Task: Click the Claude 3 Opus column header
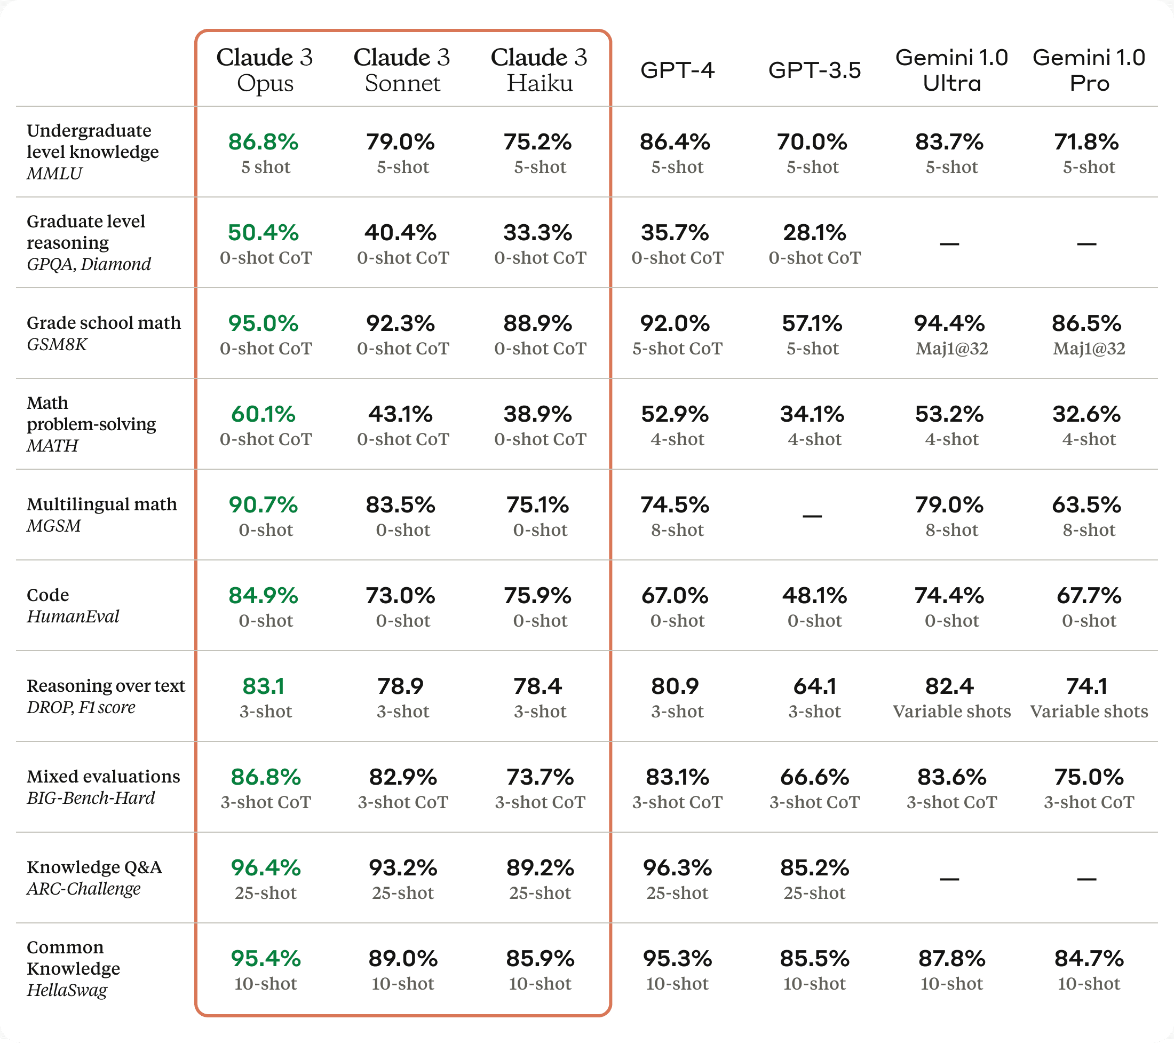coord(265,70)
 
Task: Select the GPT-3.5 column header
coord(814,70)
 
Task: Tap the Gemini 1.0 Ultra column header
coord(951,70)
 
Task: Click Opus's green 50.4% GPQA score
coord(263,233)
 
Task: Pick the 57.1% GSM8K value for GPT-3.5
coord(812,323)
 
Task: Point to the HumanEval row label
coord(73,617)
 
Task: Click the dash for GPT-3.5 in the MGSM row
coord(812,516)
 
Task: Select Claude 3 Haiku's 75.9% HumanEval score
coord(537,596)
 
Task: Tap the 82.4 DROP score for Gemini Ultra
coord(949,686)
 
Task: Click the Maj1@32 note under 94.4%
coord(951,349)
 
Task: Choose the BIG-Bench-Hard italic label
coord(91,798)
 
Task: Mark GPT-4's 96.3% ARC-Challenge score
coord(677,868)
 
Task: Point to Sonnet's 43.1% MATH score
coord(400,414)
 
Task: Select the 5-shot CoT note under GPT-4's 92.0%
coord(677,349)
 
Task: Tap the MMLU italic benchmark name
coord(54,173)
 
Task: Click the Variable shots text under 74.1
coord(1089,712)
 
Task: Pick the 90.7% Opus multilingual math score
coord(263,505)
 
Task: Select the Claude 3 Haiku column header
coord(539,70)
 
